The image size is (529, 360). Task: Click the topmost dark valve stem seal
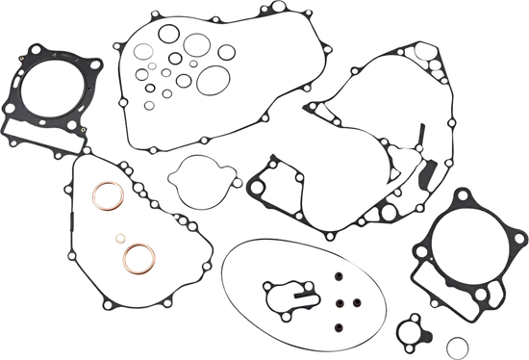(x=338, y=279)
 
